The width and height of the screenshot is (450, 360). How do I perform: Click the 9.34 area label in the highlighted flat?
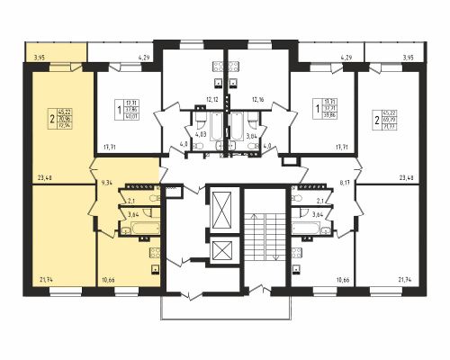107,183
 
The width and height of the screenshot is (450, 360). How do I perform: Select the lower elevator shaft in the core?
219,249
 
